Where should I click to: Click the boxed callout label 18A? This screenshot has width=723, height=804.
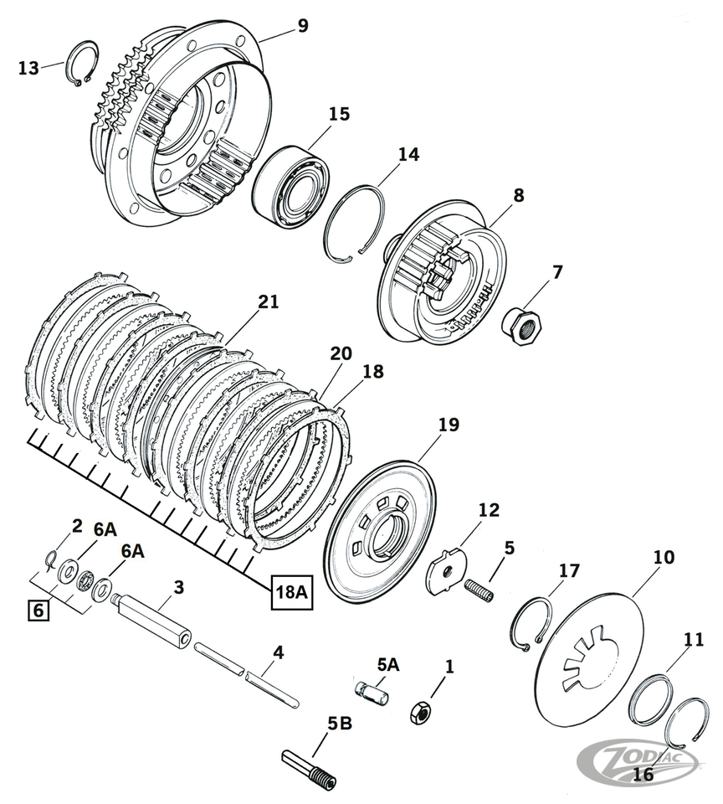(291, 593)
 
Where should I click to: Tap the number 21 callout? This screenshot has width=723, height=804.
(269, 302)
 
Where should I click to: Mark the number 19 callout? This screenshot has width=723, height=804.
(449, 425)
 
